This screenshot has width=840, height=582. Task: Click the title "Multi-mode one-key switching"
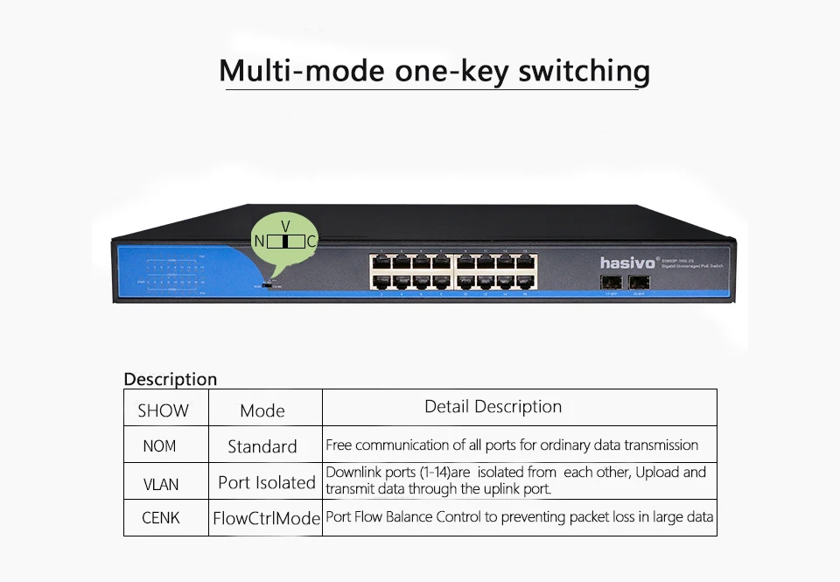(434, 71)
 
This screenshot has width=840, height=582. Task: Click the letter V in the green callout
(285, 226)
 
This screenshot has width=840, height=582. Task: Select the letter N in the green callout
(259, 241)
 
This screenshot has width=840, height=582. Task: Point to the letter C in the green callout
(311, 241)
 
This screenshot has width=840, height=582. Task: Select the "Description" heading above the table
(170, 379)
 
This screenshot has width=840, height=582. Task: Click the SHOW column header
(163, 410)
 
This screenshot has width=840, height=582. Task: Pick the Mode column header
(262, 410)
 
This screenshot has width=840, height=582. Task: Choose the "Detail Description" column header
(493, 406)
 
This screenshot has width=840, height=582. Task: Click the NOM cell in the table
(159, 446)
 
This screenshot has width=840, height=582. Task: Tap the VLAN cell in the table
(161, 483)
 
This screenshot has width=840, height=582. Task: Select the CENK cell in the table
(161, 518)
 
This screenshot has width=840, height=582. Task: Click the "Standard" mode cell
(262, 446)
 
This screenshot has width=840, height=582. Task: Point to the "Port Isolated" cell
(267, 482)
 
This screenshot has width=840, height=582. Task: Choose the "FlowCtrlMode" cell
(267, 518)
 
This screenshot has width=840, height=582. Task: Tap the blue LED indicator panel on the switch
(176, 272)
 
